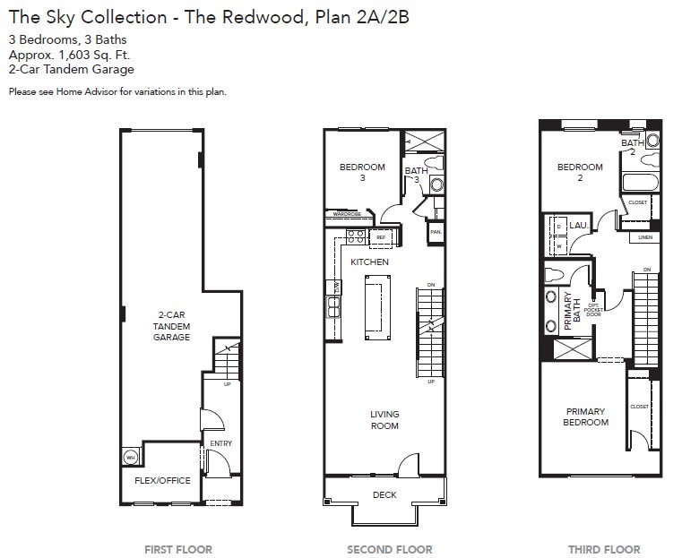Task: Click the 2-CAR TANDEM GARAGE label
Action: coord(170,326)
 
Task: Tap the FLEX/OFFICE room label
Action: coord(162,481)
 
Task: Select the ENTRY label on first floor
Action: coord(220,443)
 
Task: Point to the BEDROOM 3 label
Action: coord(362,172)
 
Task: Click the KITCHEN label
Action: coord(369,262)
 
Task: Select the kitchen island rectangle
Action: coord(377,307)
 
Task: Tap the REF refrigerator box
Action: coord(381,237)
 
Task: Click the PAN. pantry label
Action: coord(436,232)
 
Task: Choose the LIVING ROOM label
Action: coord(384,420)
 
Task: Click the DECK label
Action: coord(384,494)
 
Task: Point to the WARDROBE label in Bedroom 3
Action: coord(347,215)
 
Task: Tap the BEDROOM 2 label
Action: coord(580,172)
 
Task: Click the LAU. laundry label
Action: coord(578,227)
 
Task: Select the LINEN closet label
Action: coord(645,237)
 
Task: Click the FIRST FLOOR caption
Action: coord(178,549)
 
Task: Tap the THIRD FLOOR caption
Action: coord(604,549)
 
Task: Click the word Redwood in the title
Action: coord(253,17)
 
